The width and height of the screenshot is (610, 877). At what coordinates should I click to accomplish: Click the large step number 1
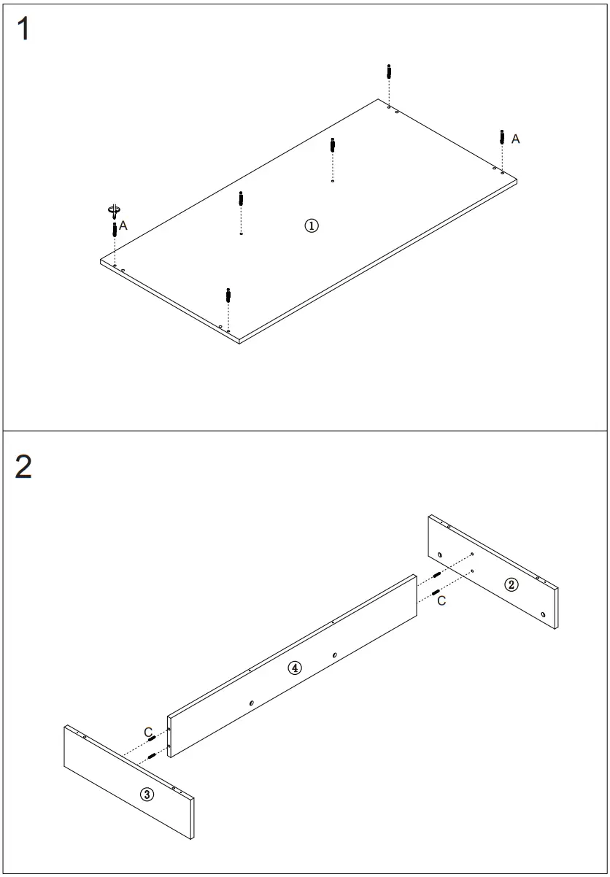click(23, 29)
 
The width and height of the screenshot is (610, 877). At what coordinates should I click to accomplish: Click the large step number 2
click(23, 467)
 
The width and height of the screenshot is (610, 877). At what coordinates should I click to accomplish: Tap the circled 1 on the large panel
click(312, 225)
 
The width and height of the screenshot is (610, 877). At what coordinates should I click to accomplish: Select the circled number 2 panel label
click(512, 584)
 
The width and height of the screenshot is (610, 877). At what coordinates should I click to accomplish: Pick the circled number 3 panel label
click(147, 795)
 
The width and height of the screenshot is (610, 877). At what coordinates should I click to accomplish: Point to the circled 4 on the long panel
click(294, 668)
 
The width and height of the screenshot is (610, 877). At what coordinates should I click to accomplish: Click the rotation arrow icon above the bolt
click(114, 211)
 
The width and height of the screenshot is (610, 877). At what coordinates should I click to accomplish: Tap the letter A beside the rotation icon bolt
click(123, 226)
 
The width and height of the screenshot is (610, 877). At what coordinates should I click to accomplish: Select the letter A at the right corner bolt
click(515, 139)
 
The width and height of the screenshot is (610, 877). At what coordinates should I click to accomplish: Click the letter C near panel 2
click(441, 600)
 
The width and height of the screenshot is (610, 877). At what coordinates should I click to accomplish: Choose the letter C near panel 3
click(148, 731)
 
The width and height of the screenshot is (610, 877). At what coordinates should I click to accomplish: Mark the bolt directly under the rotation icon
click(115, 230)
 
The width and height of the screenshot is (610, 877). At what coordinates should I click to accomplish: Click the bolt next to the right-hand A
click(502, 136)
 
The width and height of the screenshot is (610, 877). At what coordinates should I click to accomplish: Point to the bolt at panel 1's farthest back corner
click(389, 73)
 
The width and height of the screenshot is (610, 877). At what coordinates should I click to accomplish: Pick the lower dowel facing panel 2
click(435, 591)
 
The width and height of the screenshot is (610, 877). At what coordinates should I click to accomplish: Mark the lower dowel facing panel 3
click(152, 756)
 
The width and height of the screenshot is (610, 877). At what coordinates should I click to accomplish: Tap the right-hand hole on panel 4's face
click(334, 655)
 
